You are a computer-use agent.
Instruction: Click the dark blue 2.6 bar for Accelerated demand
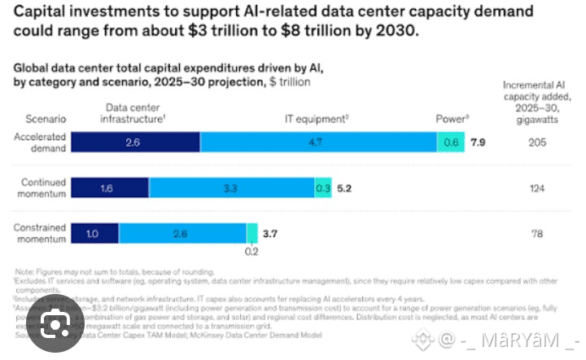pyautogui.click(x=135, y=142)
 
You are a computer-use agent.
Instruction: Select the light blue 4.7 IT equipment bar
pyautogui.click(x=318, y=142)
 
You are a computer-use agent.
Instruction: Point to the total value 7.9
pyautogui.click(x=479, y=143)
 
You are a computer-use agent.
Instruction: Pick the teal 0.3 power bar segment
pyautogui.click(x=323, y=187)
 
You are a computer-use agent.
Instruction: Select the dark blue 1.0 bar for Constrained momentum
pyautogui.click(x=94, y=233)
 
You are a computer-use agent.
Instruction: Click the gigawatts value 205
pyautogui.click(x=535, y=143)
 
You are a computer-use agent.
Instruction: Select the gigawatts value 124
pyautogui.click(x=535, y=188)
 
